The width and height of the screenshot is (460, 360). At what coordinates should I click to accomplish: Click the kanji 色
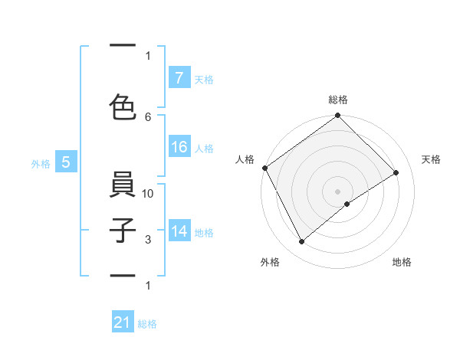coord(123,107)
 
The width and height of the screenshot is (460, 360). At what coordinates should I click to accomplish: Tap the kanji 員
coord(123,187)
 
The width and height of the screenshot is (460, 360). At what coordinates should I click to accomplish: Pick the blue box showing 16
coord(179,148)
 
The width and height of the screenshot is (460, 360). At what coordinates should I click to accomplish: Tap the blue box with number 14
coord(179,231)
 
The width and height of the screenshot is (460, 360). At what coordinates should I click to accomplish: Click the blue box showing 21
coord(123,322)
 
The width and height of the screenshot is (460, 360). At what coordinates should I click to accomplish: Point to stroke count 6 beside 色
coord(148,116)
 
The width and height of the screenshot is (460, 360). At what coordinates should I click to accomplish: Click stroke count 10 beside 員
coord(148,194)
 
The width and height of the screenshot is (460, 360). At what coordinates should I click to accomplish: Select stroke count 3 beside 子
coord(148,240)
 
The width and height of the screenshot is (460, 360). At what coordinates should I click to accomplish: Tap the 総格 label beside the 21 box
coord(147,324)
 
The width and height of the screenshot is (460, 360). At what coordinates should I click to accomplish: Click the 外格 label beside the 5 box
coord(41,163)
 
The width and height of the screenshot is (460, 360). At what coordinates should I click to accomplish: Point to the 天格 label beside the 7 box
coord(204,79)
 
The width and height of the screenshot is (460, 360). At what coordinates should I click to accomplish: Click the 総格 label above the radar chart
coord(337,100)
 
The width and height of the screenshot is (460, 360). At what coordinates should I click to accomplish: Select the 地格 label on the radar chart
coord(402,263)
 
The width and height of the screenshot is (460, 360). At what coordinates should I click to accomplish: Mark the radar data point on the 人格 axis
coord(264,168)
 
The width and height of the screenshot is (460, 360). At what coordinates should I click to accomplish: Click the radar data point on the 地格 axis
coord(347,204)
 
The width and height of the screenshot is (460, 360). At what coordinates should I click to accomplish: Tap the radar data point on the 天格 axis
coord(397,172)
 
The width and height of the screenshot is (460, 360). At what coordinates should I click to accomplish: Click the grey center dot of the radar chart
coord(337,191)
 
